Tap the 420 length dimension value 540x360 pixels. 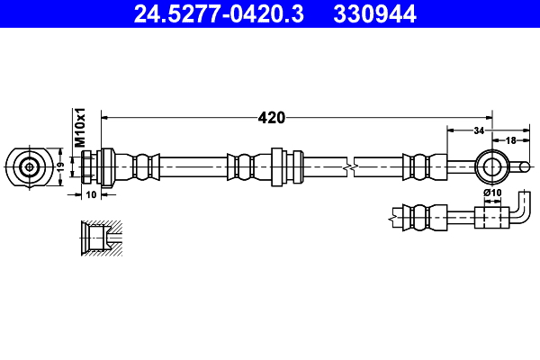pos(271,117)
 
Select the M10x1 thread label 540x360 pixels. pos(80,128)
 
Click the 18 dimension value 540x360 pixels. pos(510,140)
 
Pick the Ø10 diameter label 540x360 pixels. pos(491,193)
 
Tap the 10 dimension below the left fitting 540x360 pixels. pos(91,193)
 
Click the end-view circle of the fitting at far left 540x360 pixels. pos(30,166)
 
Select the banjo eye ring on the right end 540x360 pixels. pos(491,166)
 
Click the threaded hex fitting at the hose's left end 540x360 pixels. pos(97,166)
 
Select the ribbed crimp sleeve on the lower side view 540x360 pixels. pos(418,217)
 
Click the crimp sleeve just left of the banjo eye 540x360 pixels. pos(418,166)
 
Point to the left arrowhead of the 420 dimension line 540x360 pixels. pos(104,117)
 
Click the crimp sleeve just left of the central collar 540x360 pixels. pos(241,166)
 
